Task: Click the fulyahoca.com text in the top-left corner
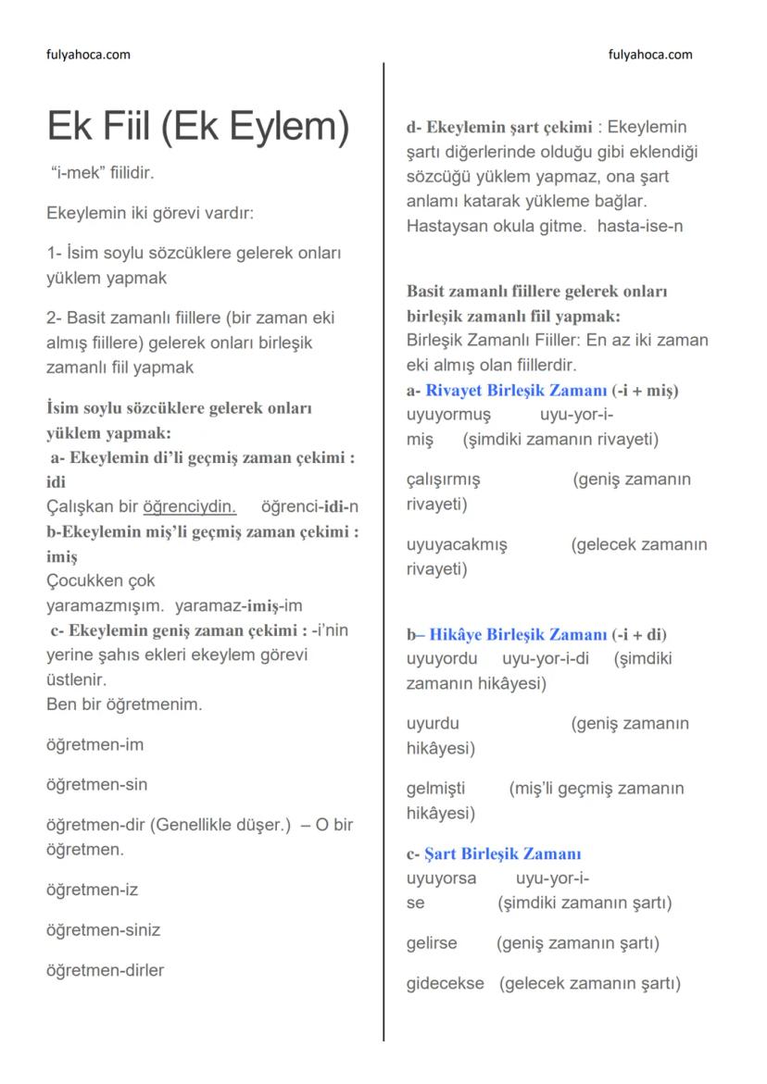pos(88,55)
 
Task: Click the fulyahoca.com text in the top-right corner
pos(650,55)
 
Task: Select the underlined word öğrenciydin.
pos(190,507)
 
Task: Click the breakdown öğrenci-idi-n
pos(310,507)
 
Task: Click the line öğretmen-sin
pos(96,785)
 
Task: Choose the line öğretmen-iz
pos(92,891)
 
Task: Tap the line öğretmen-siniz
pos(103,930)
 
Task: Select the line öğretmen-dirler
pos(105,971)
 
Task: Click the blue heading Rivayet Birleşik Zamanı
pos(516,391)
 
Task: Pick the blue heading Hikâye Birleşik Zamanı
pos(517,635)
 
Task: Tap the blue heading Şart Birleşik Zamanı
pos(502,853)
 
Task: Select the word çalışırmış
pos(443,480)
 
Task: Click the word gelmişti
pos(435,789)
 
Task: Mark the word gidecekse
pos(445,983)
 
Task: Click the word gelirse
pos(432,943)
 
